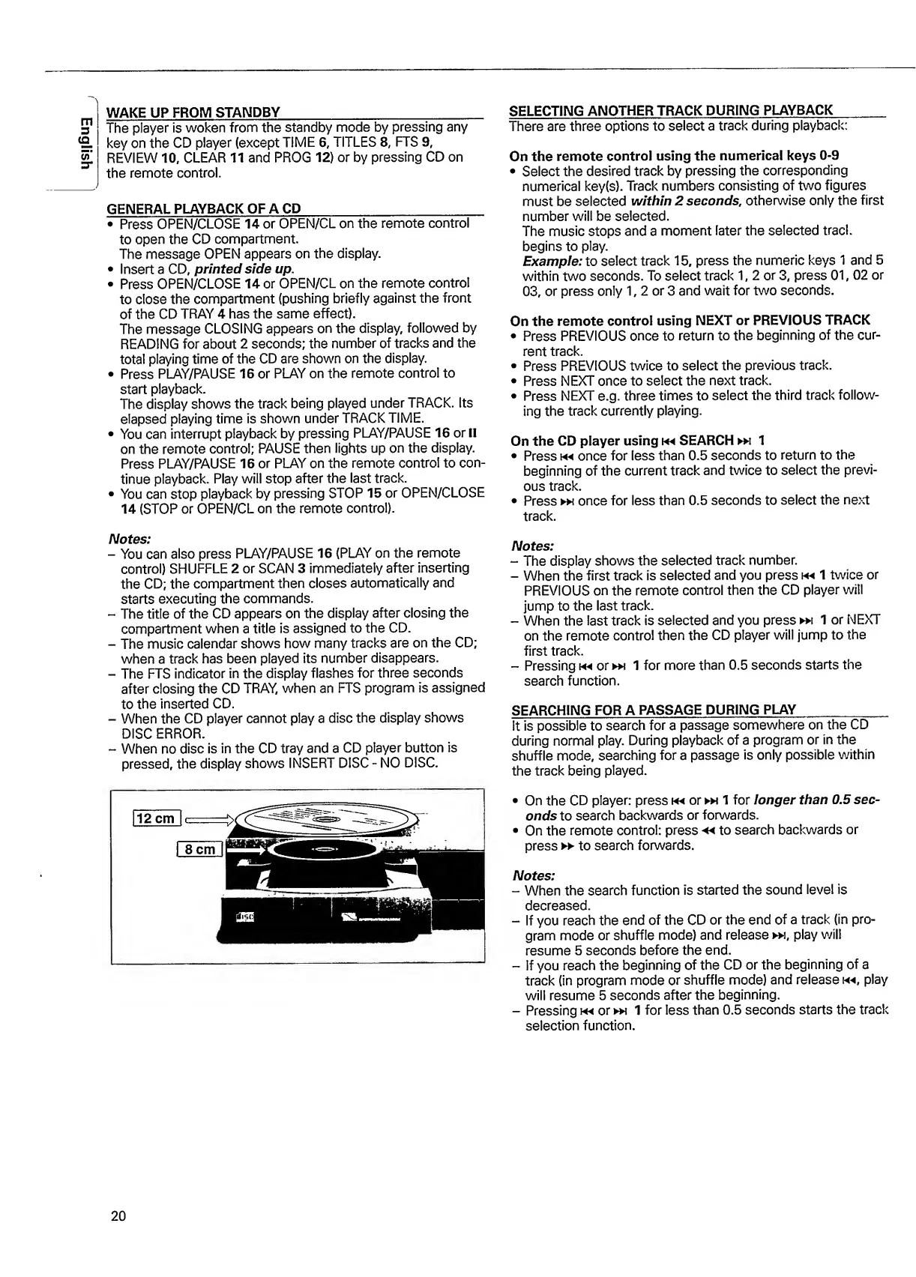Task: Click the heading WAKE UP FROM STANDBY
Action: [194, 112]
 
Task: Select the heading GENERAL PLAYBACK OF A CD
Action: [204, 208]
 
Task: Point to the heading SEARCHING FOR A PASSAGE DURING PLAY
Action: [653, 710]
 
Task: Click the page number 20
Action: [118, 1216]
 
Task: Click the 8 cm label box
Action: [199, 848]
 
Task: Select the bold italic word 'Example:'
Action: [552, 260]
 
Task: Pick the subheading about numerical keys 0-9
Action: [674, 156]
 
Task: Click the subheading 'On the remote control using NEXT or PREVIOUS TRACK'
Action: [690, 320]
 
